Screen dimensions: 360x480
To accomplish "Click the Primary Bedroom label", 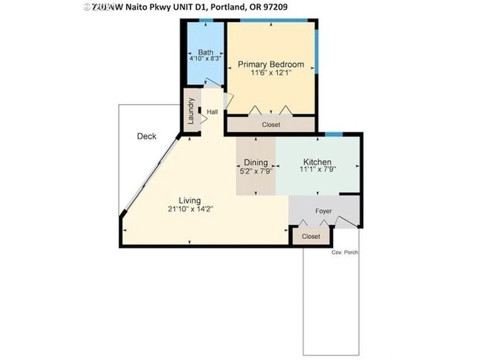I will pos(270,64).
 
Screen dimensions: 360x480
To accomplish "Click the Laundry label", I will pos(191,111).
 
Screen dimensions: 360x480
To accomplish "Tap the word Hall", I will pos(213,112).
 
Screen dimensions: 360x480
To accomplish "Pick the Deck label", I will pos(146,136).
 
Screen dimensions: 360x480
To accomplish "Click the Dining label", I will pos(256,162).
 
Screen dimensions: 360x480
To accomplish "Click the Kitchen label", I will pos(318,162).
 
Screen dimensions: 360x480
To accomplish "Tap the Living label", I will pos(189,200).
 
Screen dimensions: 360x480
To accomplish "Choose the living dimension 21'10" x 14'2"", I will pos(189,209).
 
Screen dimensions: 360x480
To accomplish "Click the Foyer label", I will pos(323,212).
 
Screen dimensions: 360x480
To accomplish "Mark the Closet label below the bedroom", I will pos(271,125).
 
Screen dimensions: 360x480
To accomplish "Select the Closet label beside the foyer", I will pos(311,237).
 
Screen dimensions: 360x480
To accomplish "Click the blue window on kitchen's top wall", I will pos(334,134).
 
